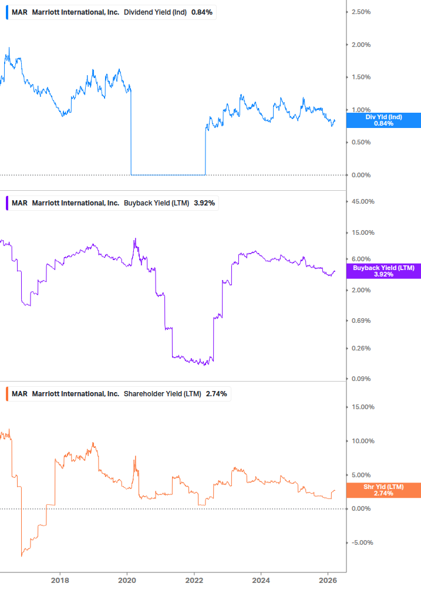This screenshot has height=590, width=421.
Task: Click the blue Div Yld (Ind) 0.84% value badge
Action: pyautogui.click(x=383, y=120)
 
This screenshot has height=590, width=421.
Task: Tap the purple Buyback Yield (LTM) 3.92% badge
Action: pyautogui.click(x=383, y=271)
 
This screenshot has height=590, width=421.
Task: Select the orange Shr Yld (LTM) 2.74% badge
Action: pyautogui.click(x=383, y=490)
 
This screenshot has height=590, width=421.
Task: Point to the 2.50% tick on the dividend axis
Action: pyautogui.click(x=361, y=12)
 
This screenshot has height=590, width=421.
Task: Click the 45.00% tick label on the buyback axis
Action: pyautogui.click(x=362, y=202)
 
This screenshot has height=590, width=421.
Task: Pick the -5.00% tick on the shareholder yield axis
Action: pyautogui.click(x=361, y=542)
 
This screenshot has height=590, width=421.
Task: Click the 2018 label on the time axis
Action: pyautogui.click(x=60, y=581)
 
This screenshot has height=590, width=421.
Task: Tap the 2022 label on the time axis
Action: pyautogui.click(x=194, y=581)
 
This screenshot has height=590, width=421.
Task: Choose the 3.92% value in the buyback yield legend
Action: pyautogui.click(x=204, y=203)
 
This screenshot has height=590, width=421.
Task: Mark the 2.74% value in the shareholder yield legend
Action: pyautogui.click(x=216, y=393)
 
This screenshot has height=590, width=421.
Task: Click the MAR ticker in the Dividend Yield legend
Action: pyautogui.click(x=19, y=12)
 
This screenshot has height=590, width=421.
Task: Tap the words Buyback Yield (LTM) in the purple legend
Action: pyautogui.click(x=156, y=203)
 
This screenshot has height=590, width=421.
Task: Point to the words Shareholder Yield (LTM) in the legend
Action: pyautogui.click(x=162, y=393)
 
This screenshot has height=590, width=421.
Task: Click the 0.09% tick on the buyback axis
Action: pyautogui.click(x=361, y=379)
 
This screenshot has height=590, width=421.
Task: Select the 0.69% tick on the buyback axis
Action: pyautogui.click(x=361, y=321)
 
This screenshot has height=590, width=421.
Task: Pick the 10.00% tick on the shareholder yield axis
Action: pyautogui.click(x=362, y=441)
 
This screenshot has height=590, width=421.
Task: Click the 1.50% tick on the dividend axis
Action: pyautogui.click(x=361, y=77)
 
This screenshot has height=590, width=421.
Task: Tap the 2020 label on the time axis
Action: pyautogui.click(x=127, y=581)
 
